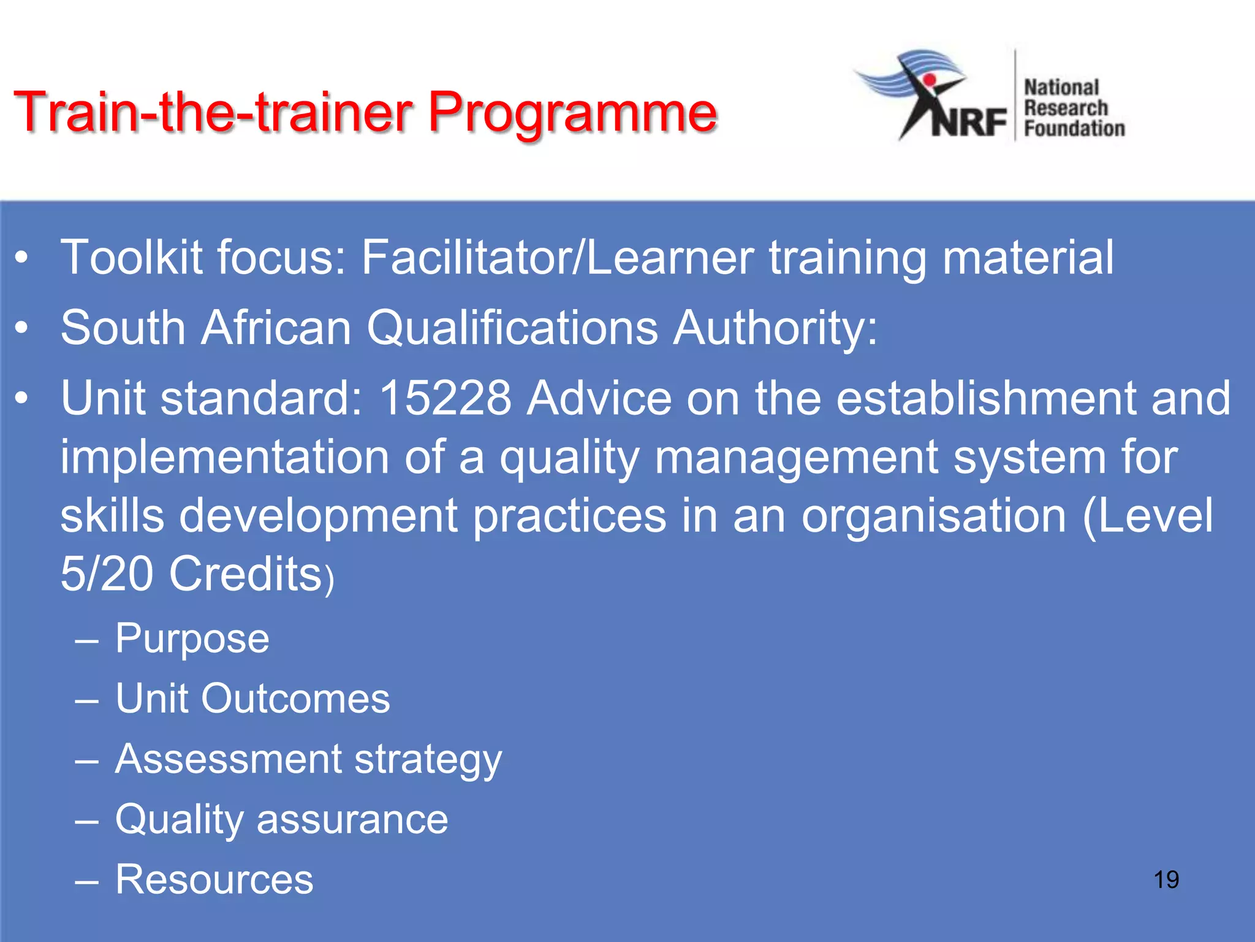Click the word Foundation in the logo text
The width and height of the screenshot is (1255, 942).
1074,129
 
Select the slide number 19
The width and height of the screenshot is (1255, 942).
1166,879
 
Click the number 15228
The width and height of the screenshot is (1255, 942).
446,399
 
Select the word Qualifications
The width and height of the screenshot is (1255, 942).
512,328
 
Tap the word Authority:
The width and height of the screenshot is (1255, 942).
775,328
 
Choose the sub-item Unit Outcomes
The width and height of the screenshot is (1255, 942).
252,699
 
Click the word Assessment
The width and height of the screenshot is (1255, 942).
229,759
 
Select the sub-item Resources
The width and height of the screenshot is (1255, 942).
214,879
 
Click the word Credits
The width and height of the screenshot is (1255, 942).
245,574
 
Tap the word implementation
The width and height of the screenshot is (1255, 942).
224,458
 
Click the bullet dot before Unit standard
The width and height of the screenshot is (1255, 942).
22,399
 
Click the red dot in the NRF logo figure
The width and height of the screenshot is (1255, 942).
930,80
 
